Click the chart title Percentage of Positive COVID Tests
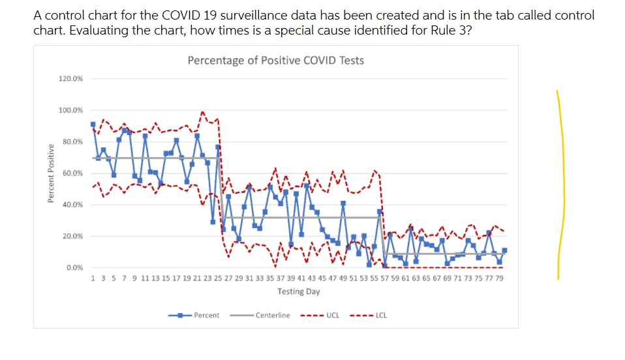[275, 61]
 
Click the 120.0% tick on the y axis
[71, 79]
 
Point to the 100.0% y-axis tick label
[71, 110]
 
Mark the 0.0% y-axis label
[74, 267]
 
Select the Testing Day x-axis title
[298, 292]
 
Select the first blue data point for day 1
[93, 124]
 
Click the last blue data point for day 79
[504, 250]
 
